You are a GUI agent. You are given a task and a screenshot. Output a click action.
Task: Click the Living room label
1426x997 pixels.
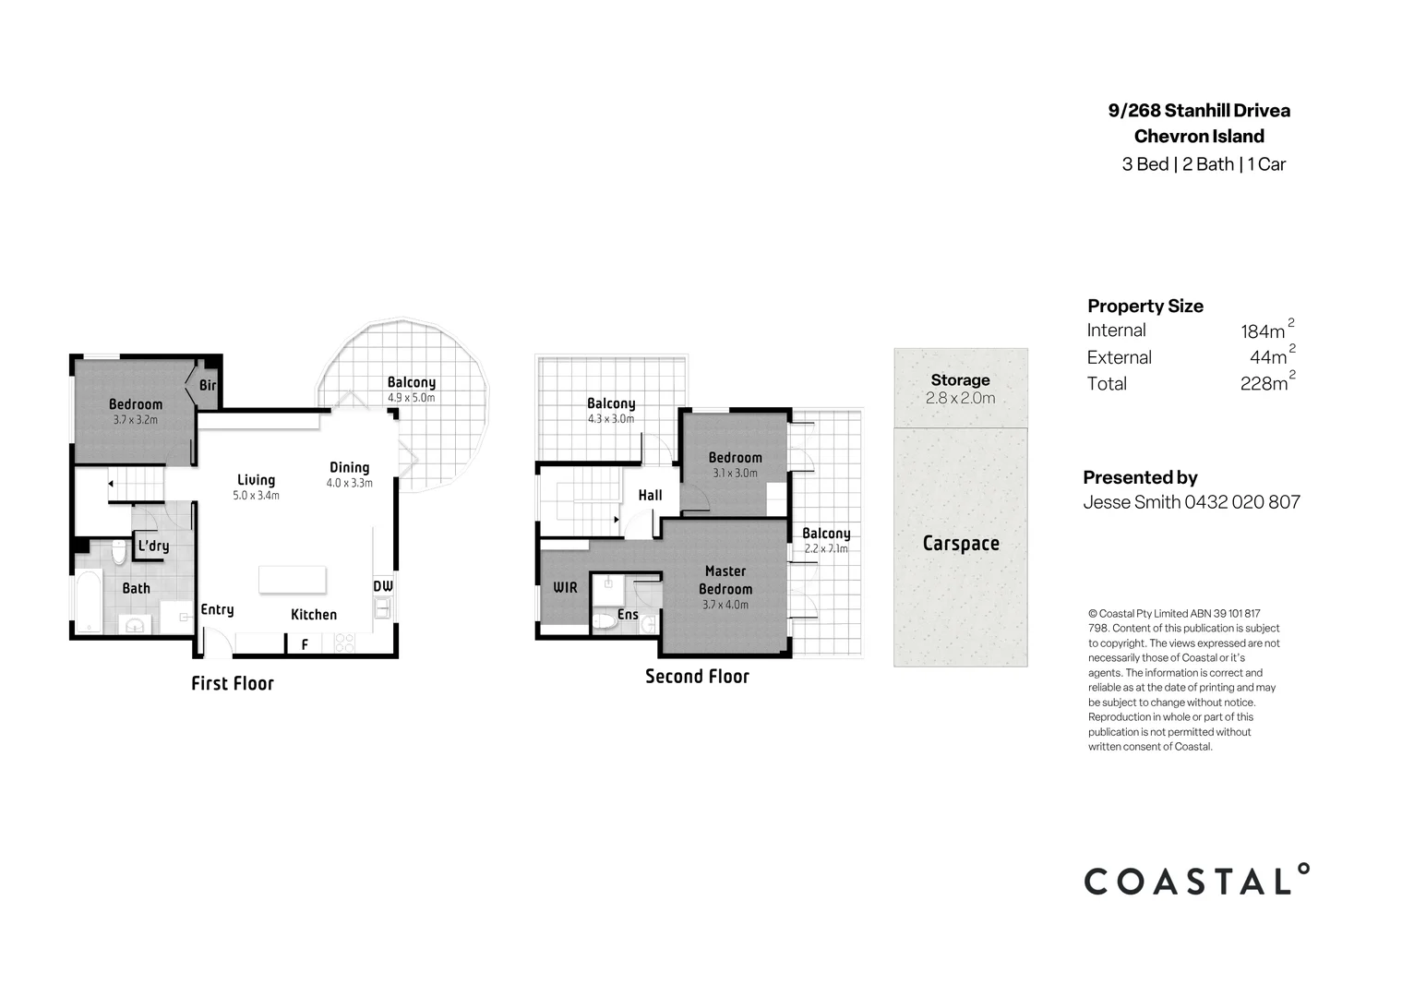click(256, 480)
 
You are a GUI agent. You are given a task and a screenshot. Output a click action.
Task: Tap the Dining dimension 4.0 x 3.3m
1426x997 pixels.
click(349, 484)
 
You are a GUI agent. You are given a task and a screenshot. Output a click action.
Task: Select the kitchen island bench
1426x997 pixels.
click(292, 579)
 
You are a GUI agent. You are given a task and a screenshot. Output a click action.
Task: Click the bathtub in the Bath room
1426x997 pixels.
click(88, 602)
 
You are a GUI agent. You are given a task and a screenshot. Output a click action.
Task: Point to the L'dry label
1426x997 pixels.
click(153, 546)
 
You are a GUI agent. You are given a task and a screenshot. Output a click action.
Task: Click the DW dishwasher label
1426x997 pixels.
click(383, 586)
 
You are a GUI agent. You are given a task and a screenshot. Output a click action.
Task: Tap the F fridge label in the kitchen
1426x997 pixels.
click(305, 645)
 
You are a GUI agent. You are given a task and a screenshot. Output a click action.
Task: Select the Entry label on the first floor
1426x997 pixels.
click(217, 609)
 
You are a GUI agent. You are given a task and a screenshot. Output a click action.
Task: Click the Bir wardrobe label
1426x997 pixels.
click(208, 385)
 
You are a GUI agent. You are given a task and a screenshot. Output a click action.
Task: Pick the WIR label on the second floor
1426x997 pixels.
click(565, 587)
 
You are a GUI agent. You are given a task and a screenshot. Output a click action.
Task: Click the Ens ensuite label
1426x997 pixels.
click(628, 614)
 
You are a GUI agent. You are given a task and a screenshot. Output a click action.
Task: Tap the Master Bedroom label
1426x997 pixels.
click(725, 580)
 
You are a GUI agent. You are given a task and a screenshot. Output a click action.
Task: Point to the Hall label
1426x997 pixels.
click(650, 495)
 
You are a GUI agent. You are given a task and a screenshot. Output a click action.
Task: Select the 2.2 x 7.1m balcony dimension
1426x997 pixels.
click(825, 548)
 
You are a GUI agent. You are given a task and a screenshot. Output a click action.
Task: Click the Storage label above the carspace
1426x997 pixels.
click(960, 379)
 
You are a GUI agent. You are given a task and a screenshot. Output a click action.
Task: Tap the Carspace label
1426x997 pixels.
click(961, 543)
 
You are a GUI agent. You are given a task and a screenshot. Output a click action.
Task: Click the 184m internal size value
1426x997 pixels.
click(1263, 331)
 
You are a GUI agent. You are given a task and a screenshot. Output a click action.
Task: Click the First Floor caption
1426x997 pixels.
click(233, 683)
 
